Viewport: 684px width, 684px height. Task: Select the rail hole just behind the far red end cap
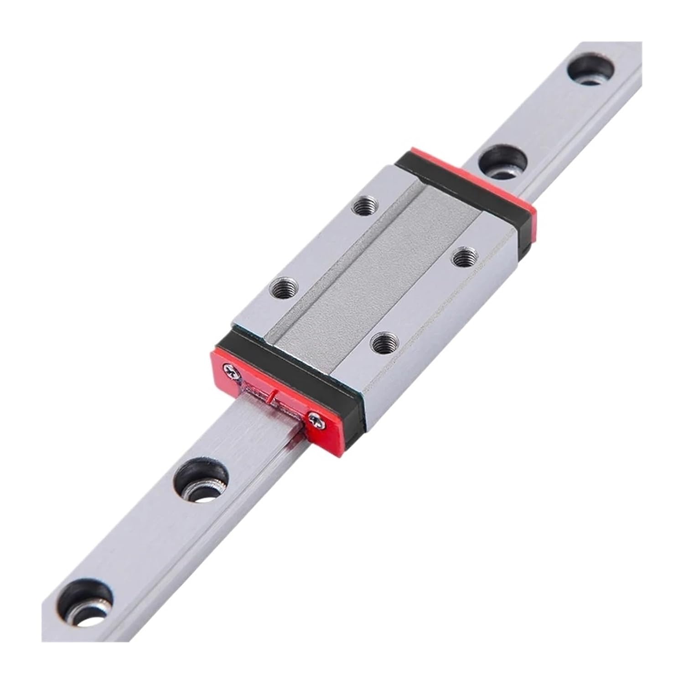pos(503,163)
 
